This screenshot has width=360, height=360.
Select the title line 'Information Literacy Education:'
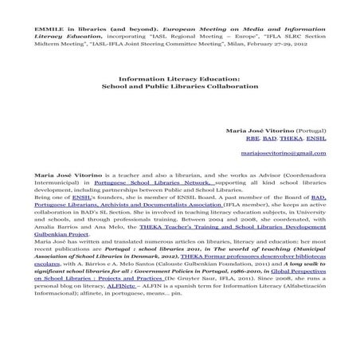(179, 78)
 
